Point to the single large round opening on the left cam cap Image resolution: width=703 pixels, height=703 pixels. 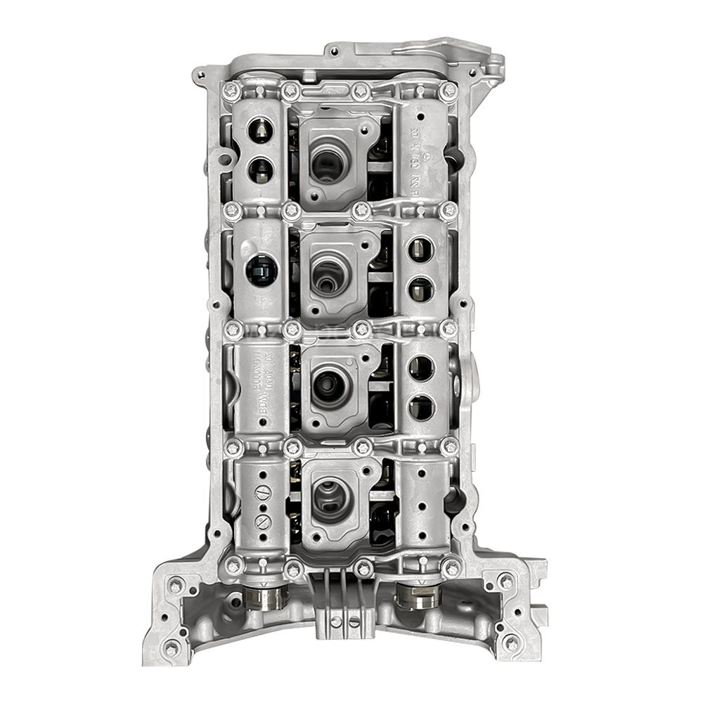tap(260, 271)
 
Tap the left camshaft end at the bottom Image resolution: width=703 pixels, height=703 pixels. tap(266, 598)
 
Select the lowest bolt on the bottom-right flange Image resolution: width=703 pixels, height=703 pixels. tap(512, 643)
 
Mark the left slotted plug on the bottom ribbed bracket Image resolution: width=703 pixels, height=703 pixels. tap(337, 621)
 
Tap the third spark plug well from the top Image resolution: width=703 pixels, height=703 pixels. tap(328, 383)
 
